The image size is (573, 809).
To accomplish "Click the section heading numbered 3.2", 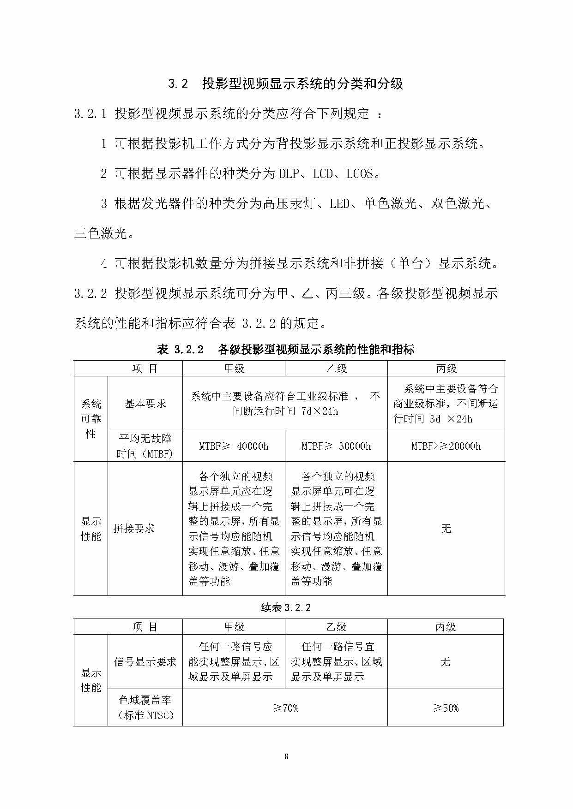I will click(x=285, y=83).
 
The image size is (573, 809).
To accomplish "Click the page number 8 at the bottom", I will click(x=286, y=756).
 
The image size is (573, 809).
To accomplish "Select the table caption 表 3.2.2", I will click(x=286, y=349).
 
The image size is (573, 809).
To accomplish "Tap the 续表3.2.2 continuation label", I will click(x=286, y=607).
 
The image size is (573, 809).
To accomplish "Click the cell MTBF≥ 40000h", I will click(x=234, y=446).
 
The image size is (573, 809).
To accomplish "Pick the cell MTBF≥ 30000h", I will click(x=336, y=446).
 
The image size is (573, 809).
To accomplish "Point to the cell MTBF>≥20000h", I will click(x=446, y=446).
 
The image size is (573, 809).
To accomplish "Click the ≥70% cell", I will click(x=285, y=708).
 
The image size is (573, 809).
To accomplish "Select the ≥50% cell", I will click(x=446, y=708).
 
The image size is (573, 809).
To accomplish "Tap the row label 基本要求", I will click(x=145, y=404).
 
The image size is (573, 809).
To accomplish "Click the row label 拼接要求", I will click(x=134, y=529).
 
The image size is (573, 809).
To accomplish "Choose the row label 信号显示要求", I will click(x=145, y=661).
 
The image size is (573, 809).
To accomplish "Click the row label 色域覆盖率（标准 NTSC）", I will click(x=145, y=708).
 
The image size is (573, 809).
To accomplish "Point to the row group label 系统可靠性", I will click(x=91, y=419).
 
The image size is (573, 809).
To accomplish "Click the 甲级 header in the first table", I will click(x=234, y=369).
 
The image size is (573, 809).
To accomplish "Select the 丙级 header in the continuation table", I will click(x=446, y=627).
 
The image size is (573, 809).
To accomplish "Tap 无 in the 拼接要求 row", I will click(x=446, y=529).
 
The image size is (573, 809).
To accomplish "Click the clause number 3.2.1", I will click(x=90, y=113).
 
